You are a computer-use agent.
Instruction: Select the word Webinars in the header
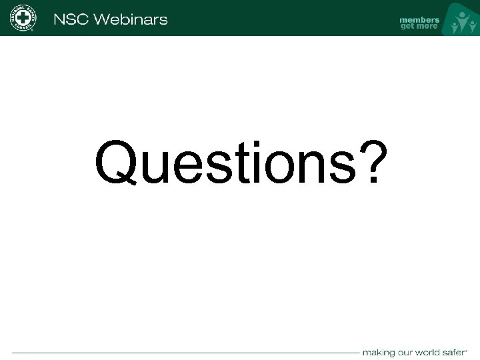[x=131, y=19]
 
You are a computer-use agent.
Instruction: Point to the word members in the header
[x=419, y=19]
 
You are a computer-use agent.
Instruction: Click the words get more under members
[x=419, y=27]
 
